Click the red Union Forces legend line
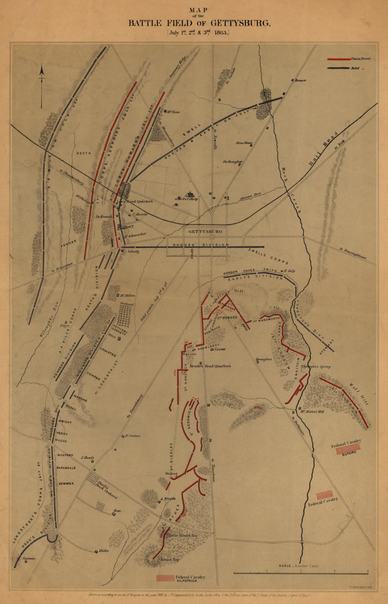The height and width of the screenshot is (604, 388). pos(338,59)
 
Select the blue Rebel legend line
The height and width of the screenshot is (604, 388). pos(338,68)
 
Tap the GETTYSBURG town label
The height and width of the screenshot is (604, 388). pos(205,232)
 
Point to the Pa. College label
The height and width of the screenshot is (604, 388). pos(190,199)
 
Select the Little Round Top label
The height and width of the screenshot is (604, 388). pos(183,536)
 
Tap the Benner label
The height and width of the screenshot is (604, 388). pos(301,80)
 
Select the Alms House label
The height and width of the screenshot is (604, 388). pos(244,143)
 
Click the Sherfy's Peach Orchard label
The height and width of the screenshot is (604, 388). pos(106,490)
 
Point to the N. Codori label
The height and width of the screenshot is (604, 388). pos(132,436)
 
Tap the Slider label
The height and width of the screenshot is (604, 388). pos(104,551)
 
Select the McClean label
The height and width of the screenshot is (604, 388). pos(173,112)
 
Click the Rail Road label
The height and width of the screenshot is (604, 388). pos(323,149)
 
